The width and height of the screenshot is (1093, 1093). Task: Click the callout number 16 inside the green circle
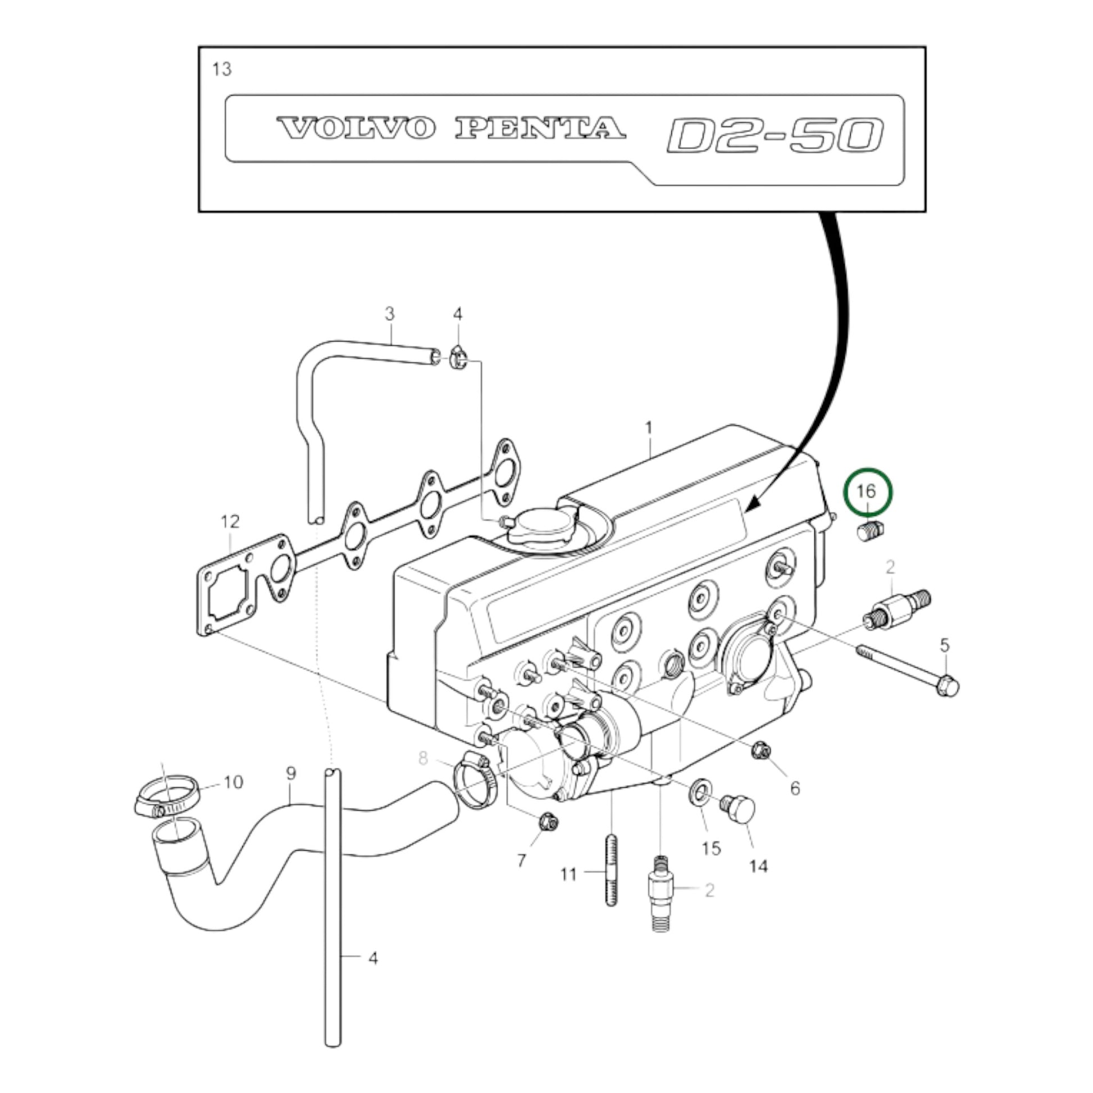(x=866, y=491)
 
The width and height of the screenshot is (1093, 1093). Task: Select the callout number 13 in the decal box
(x=222, y=69)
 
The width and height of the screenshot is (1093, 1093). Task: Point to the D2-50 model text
(x=775, y=136)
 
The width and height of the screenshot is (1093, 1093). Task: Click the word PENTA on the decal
(x=540, y=129)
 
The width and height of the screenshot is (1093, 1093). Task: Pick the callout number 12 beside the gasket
(x=230, y=522)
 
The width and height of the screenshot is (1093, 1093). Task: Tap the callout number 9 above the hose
(x=290, y=773)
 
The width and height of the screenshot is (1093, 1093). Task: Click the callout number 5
(x=945, y=645)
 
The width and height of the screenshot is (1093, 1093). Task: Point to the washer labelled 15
(x=700, y=790)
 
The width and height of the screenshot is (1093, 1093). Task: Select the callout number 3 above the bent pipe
(x=389, y=313)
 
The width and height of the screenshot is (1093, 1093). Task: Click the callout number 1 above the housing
(x=649, y=427)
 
